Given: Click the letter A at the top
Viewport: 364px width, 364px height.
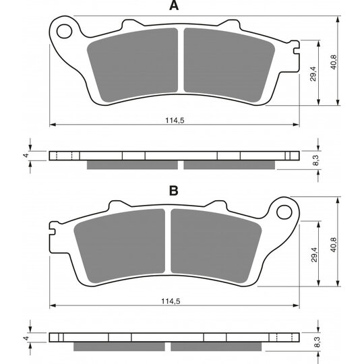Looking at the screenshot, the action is (174, 5).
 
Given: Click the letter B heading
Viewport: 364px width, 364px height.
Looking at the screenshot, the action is (174, 191).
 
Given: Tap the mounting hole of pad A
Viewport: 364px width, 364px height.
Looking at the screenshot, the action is (64, 31).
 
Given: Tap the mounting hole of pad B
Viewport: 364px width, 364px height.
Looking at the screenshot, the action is (284, 212).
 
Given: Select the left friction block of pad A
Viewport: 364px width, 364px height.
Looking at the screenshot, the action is (133, 65).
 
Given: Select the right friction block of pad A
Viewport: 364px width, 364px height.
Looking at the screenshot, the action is (229, 65).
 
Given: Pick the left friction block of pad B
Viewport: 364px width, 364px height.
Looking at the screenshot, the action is (119, 246).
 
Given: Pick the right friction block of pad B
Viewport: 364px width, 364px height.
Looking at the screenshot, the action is (216, 246).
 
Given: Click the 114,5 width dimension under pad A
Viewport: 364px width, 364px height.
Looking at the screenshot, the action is (175, 120).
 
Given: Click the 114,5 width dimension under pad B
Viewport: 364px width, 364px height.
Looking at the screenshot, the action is (171, 301).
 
